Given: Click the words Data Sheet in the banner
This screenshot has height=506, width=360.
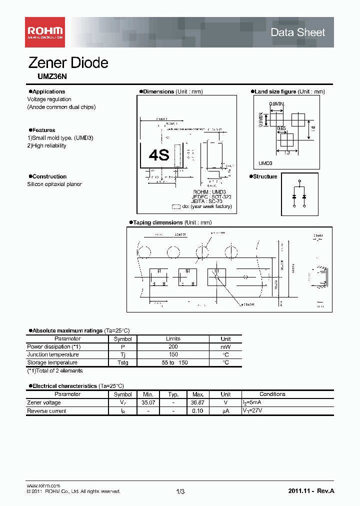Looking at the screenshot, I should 297,32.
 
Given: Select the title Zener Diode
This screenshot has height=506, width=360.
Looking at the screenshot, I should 68,63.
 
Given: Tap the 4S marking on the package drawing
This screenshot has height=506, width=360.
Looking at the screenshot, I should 159,155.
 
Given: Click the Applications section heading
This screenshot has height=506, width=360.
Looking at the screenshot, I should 48,91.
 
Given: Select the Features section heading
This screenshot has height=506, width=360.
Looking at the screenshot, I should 43,130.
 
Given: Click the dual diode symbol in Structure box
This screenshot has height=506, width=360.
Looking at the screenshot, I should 299,194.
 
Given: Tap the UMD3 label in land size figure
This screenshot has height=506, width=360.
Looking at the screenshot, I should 265,163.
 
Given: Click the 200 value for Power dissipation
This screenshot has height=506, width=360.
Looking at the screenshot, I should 173,346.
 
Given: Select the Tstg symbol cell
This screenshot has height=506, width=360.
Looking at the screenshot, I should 122,362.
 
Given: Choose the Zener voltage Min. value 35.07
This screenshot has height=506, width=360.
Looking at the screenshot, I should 148,402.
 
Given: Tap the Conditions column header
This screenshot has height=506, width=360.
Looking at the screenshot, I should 272,394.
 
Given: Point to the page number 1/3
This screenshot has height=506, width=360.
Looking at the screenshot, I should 180,491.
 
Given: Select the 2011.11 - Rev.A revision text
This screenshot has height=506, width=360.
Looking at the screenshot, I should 311,491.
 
